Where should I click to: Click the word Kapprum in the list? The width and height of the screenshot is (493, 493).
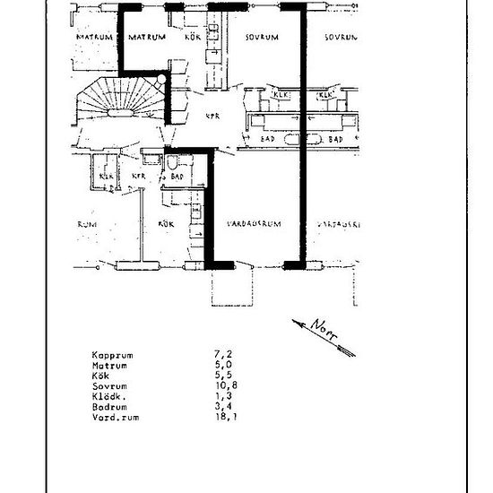[112, 354]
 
